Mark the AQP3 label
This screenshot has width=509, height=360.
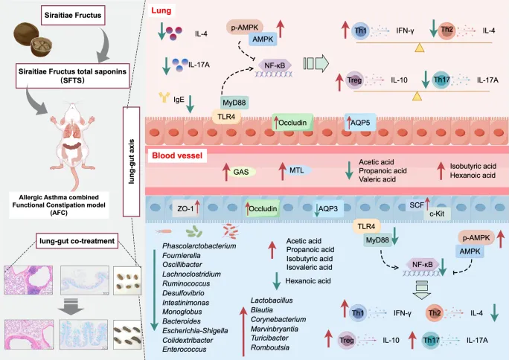tap(329, 209)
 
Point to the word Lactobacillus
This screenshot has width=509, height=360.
tap(275, 299)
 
